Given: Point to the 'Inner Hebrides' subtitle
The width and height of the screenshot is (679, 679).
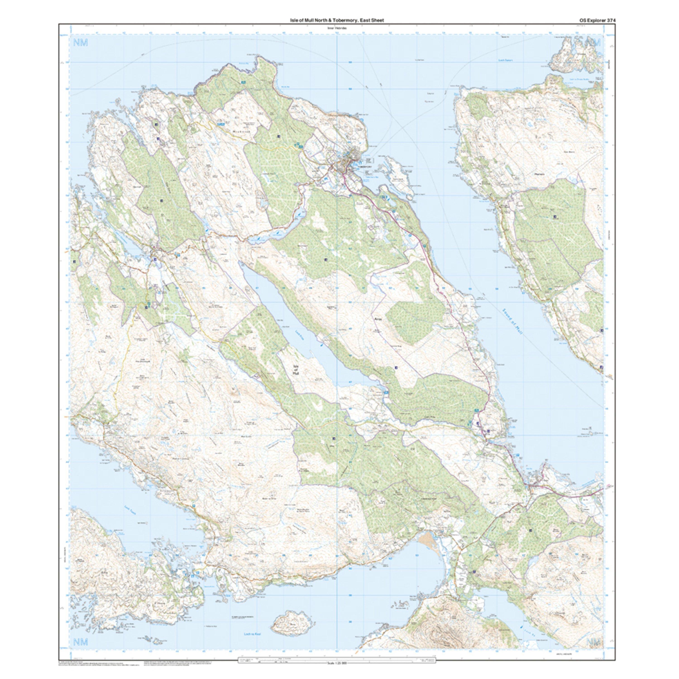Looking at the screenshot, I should click(337, 28).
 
